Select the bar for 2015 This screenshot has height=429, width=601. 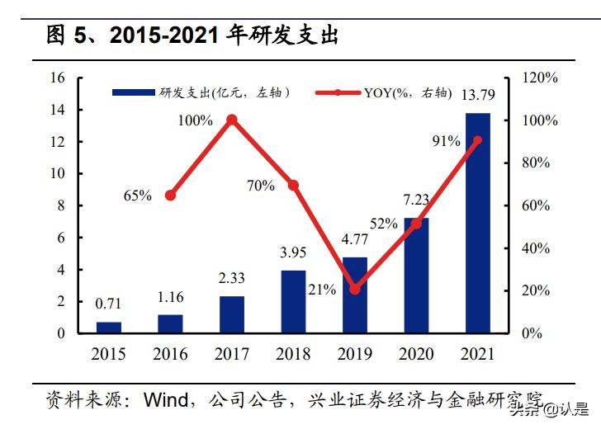pyautogui.click(x=108, y=328)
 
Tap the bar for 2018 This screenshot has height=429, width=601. pyautogui.click(x=293, y=301)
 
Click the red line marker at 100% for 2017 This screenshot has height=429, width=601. pyautogui.click(x=232, y=120)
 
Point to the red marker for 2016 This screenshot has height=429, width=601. pyautogui.click(x=170, y=196)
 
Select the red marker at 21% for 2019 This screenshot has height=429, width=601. pyautogui.click(x=355, y=290)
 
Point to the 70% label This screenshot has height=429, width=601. pyautogui.click(x=261, y=186)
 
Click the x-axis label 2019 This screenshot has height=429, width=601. pyautogui.click(x=355, y=355)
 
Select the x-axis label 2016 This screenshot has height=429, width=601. pyautogui.click(x=170, y=355)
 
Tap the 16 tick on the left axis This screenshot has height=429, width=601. pyautogui.click(x=57, y=78)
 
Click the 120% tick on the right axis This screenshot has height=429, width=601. pyautogui.click(x=541, y=78)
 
